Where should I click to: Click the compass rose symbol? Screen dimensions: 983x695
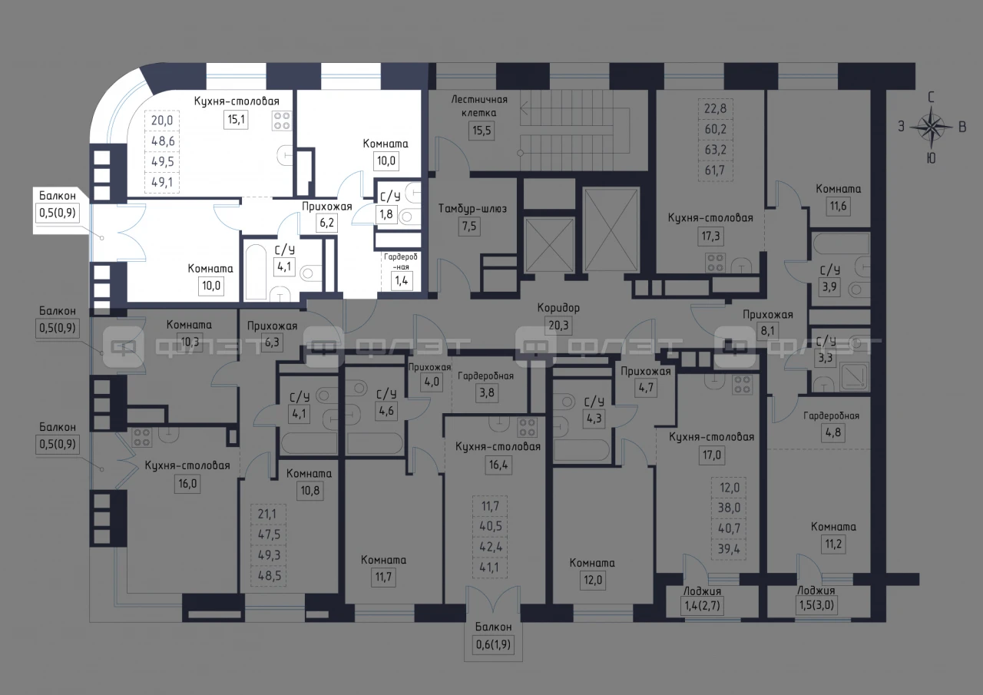click(932, 127)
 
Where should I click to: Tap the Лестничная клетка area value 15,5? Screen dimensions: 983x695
click(482, 131)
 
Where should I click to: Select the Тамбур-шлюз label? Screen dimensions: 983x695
click(472, 208)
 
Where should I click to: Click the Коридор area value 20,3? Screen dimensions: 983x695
click(558, 326)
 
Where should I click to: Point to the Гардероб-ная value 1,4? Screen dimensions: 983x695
click(402, 280)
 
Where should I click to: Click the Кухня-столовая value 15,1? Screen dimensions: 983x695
click(236, 119)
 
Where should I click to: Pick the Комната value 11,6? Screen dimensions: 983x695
click(838, 206)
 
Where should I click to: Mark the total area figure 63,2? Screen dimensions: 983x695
click(715, 150)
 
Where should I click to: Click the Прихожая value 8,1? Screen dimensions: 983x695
click(767, 330)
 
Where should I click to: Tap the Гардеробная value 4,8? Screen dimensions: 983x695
click(833, 432)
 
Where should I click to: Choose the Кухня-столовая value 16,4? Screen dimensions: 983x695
click(498, 464)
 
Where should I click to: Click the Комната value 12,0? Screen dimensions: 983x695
click(592, 580)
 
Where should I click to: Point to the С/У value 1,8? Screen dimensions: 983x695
click(386, 214)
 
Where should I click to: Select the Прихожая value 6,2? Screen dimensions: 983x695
click(326, 223)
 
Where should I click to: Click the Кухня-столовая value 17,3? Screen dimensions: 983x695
click(710, 236)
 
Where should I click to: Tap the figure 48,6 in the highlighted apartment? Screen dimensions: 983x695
click(162, 141)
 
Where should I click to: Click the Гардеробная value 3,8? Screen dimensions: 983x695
click(487, 392)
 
